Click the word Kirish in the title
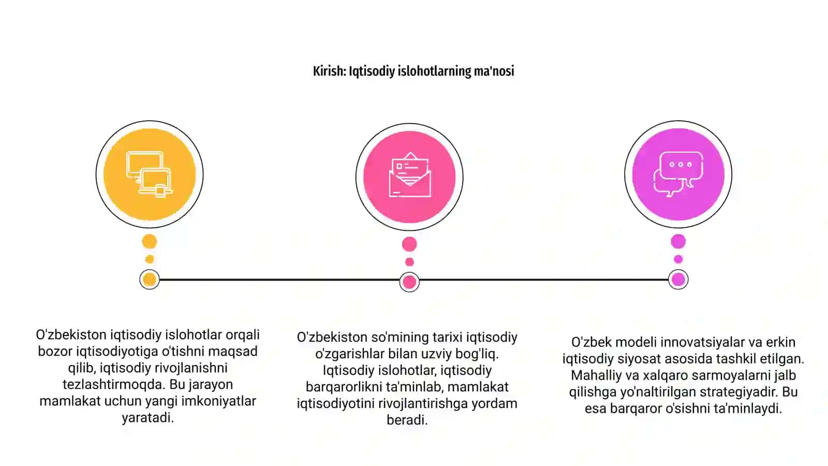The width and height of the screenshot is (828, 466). pyautogui.click(x=329, y=71)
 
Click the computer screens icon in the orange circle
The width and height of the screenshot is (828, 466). pyautogui.click(x=150, y=174)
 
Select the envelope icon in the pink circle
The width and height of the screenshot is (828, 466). pyautogui.click(x=409, y=174)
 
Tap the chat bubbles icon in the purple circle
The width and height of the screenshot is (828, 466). pyautogui.click(x=678, y=174)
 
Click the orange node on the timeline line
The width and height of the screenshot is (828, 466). pyautogui.click(x=150, y=280)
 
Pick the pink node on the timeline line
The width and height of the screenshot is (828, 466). pyautogui.click(x=409, y=282)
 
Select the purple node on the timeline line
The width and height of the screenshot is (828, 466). pyautogui.click(x=678, y=280)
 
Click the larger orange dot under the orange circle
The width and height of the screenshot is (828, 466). pyautogui.click(x=150, y=241)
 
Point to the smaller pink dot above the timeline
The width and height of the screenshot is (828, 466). pyautogui.click(x=409, y=262)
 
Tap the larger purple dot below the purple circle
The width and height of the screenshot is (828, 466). pyautogui.click(x=678, y=241)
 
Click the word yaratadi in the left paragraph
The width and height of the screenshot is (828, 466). pyautogui.click(x=147, y=417)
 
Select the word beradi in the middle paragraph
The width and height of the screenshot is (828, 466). pyautogui.click(x=407, y=420)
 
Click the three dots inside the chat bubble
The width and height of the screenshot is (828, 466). pyautogui.click(x=681, y=165)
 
